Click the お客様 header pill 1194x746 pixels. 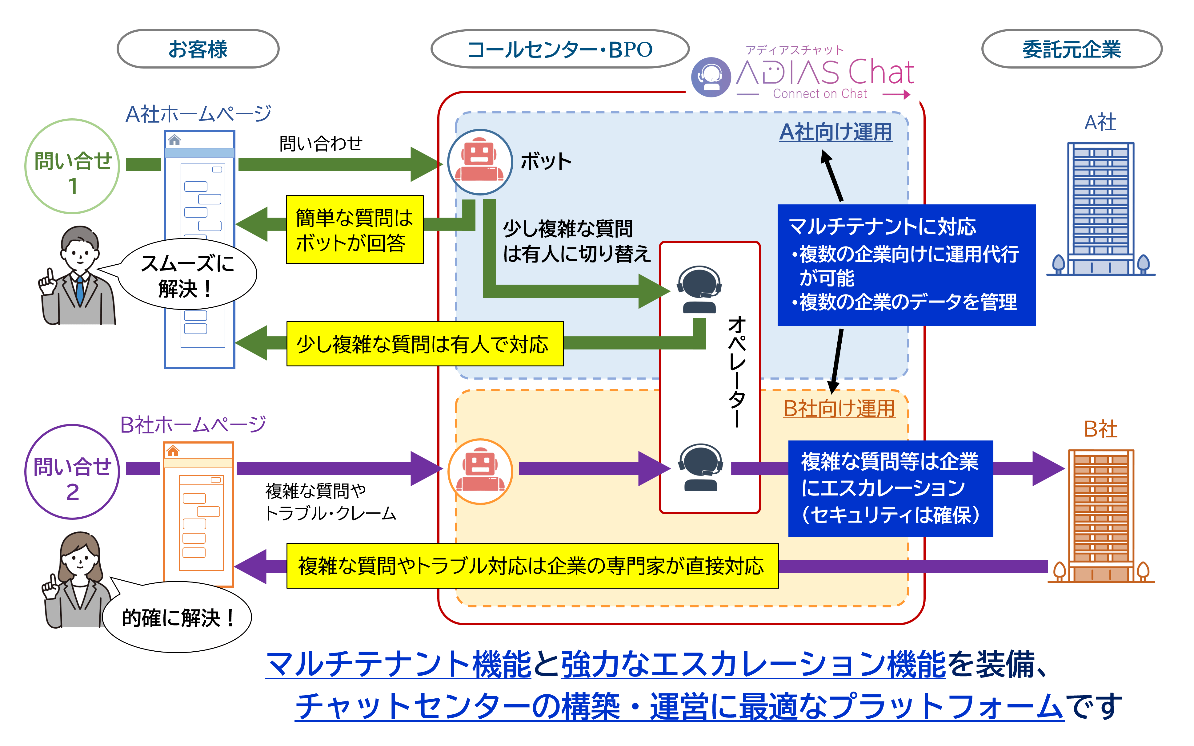click(x=198, y=49)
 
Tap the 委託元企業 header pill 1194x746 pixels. click(x=1072, y=49)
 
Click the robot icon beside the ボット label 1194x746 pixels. click(x=479, y=161)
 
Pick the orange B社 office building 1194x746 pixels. click(x=1101, y=515)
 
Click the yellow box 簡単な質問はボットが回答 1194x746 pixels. click(x=355, y=230)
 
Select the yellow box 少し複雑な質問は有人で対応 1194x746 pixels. click(x=425, y=344)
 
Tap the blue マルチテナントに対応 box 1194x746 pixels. click(x=906, y=265)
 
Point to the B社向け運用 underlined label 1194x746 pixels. click(x=839, y=409)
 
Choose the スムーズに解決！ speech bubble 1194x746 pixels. click(x=188, y=275)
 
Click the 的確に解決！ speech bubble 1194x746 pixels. click(x=178, y=618)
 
